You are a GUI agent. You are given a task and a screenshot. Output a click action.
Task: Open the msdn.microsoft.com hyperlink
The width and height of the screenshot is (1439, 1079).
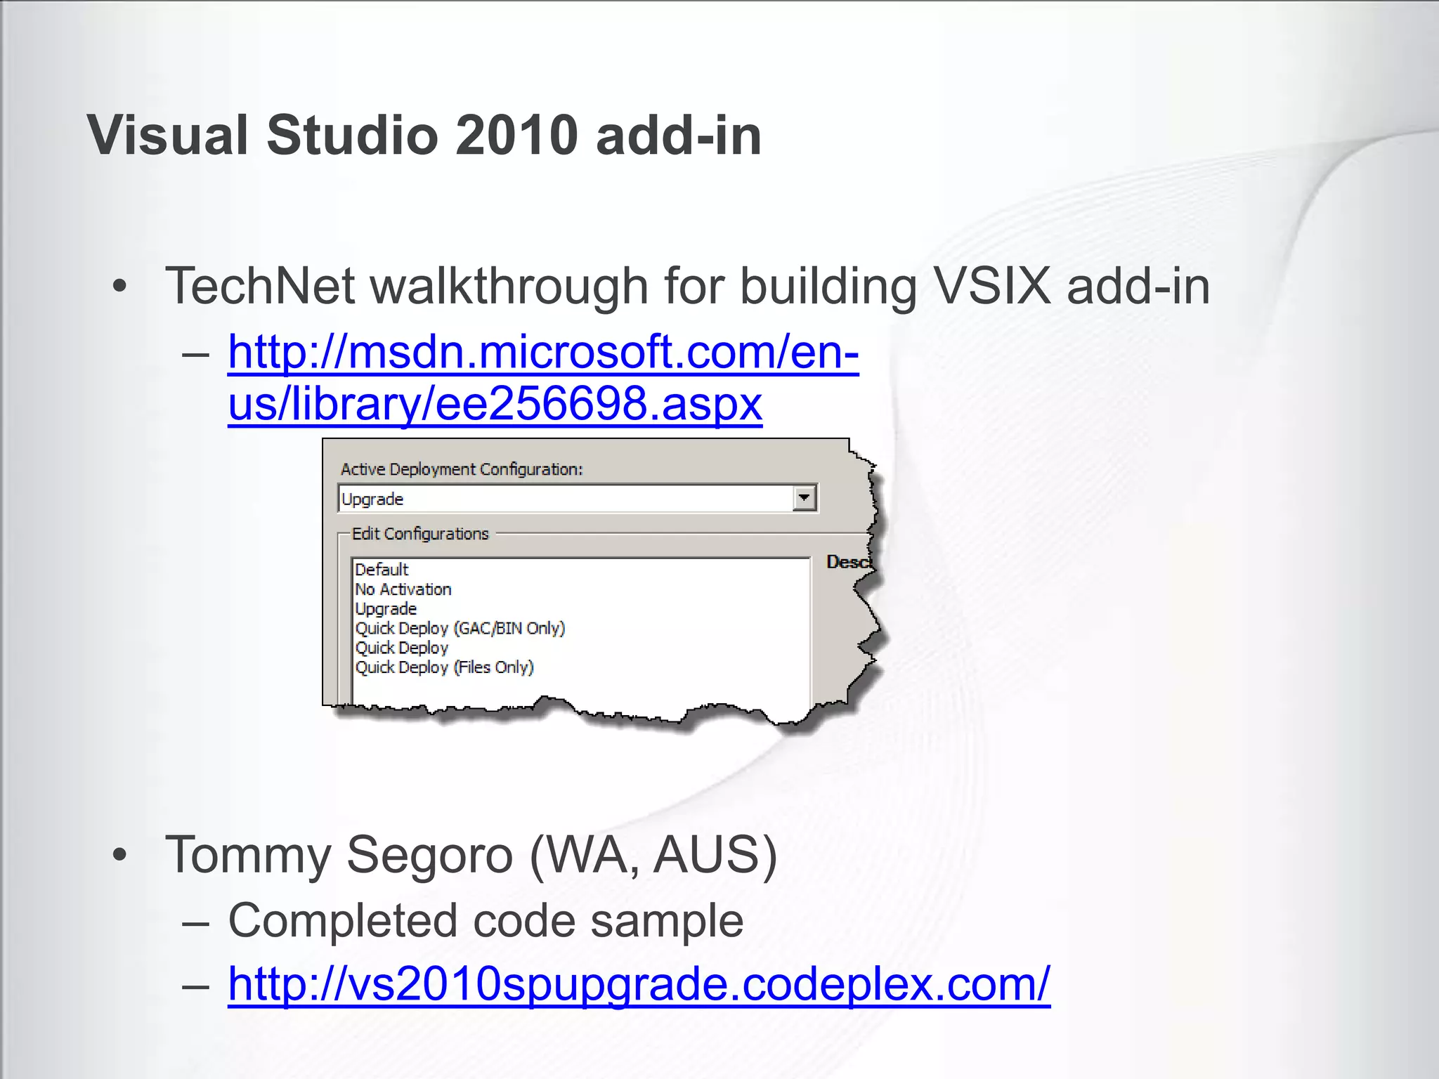(542, 352)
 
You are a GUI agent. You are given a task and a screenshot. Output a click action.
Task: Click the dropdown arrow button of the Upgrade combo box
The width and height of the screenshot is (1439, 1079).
(805, 498)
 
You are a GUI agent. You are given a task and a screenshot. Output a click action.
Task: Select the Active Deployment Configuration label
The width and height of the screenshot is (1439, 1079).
(462, 469)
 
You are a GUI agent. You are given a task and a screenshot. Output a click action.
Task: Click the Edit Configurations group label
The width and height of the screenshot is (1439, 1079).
(419, 534)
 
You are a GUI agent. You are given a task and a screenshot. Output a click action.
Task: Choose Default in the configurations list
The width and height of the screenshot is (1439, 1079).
(382, 570)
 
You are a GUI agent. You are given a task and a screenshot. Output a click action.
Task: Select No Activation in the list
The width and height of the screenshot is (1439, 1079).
(403, 589)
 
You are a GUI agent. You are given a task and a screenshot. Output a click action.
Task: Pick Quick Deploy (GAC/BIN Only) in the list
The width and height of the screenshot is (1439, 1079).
(460, 628)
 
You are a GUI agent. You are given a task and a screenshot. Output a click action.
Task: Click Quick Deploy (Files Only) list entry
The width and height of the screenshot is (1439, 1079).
(444, 667)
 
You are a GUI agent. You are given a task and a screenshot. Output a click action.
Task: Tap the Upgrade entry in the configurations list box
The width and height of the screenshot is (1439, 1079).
(386, 609)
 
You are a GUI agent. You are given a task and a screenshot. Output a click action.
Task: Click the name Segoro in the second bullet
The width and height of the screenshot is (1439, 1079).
(429, 855)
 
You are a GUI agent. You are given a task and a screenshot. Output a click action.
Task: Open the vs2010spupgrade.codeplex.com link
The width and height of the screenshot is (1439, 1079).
(639, 983)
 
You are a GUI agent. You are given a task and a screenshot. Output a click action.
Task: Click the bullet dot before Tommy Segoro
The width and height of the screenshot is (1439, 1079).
(120, 855)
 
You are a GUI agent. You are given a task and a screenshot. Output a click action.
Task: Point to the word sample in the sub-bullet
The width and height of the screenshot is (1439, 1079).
(667, 920)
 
